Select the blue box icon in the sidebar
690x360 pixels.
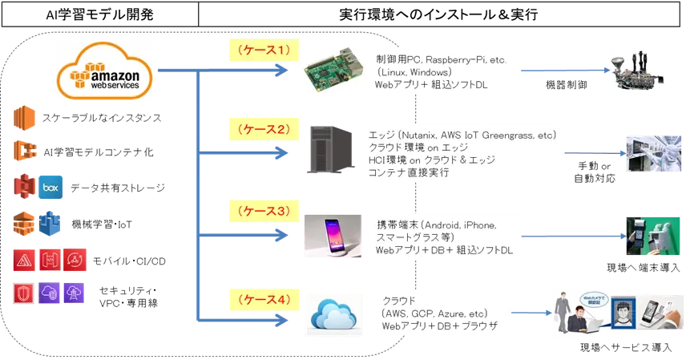pos(51,188)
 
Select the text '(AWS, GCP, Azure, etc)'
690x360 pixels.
pos(435,314)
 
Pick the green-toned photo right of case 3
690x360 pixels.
pos(651,234)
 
